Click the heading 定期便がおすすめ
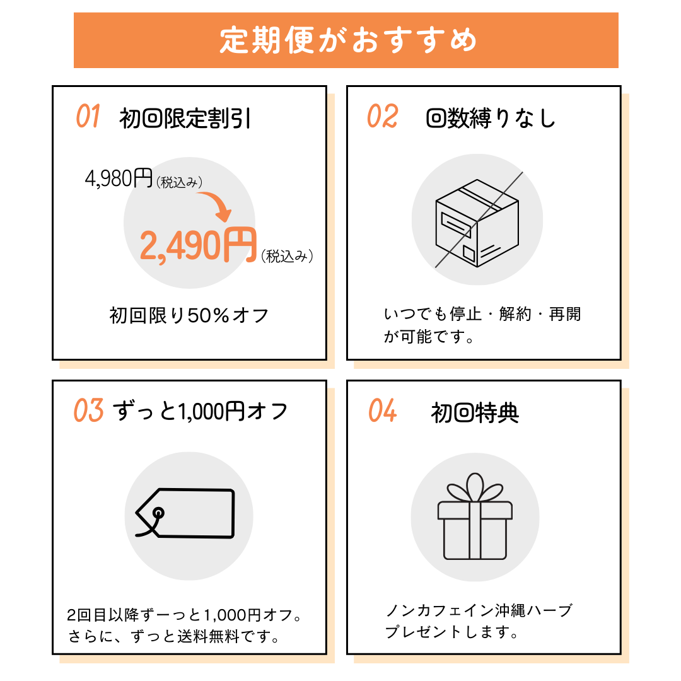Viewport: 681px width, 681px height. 346,40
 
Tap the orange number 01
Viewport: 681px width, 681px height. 88,117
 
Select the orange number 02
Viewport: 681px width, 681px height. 383,117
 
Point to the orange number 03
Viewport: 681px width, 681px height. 88,411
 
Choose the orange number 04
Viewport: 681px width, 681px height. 383,411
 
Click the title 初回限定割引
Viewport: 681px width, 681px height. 185,119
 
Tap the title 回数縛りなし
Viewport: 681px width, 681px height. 491,119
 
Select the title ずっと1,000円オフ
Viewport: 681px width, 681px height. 201,412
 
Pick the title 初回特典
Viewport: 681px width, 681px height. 475,413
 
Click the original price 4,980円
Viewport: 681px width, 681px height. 119,178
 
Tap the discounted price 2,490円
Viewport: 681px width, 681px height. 198,245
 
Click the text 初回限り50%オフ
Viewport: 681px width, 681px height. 189,315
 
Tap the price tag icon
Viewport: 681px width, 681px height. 185,513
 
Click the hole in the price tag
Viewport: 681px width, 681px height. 158,512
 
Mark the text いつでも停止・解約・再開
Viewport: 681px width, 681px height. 482,314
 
